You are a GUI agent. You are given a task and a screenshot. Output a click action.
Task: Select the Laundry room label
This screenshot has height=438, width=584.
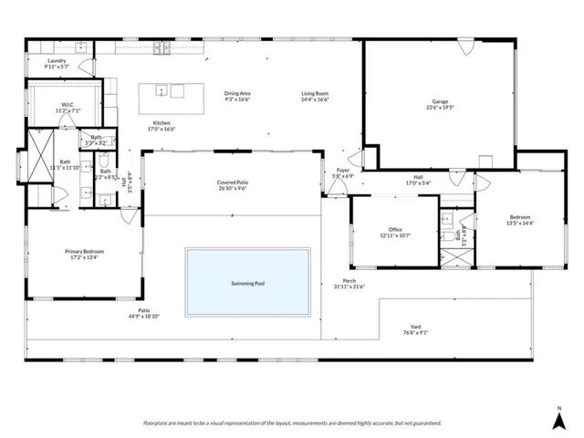tap(57, 60)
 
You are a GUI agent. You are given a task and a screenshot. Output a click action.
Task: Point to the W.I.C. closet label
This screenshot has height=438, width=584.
tap(68, 105)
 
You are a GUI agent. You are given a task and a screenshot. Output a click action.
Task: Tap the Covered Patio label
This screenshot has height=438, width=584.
tap(233, 182)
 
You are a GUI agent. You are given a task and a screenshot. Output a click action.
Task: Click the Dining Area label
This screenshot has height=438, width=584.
tap(237, 93)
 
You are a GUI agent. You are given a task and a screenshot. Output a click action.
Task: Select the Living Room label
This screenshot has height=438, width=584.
tap(316, 93)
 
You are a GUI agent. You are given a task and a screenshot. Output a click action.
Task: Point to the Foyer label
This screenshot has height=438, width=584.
tap(343, 170)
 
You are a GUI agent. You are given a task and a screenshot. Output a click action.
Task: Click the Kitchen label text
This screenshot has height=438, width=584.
tap(162, 123)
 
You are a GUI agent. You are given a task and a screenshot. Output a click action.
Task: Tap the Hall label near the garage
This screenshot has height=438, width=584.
tap(418, 177)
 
